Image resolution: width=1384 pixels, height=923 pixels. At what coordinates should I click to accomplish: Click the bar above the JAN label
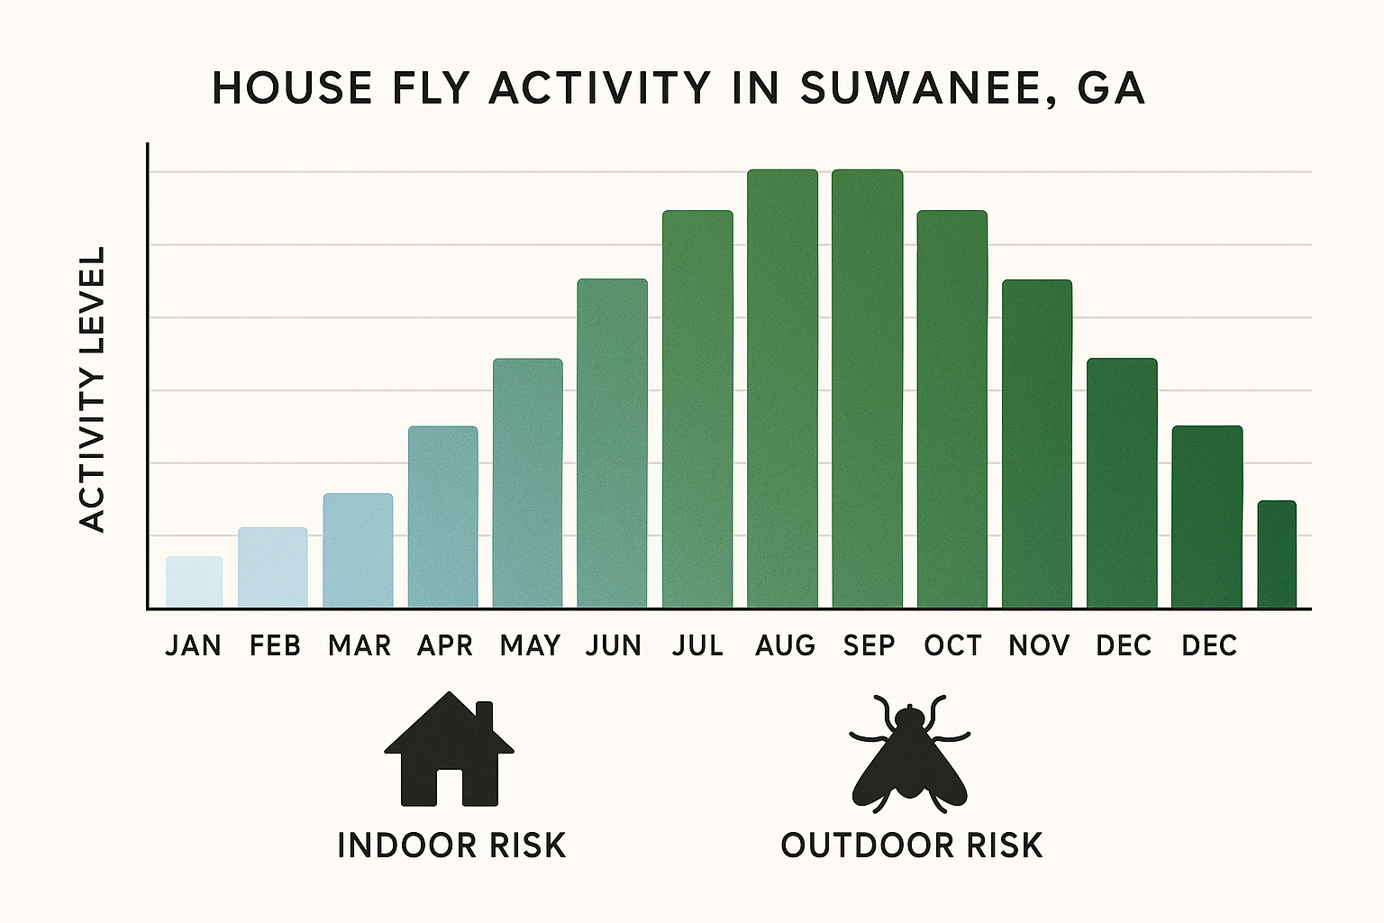[194, 581]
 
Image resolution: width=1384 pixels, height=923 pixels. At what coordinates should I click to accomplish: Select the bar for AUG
[782, 388]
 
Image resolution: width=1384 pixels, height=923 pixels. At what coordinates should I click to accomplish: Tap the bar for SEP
[867, 388]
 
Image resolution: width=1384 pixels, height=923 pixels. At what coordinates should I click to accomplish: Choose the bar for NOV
[1036, 443]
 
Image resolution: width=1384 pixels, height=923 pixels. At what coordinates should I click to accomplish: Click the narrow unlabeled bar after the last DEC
[1277, 554]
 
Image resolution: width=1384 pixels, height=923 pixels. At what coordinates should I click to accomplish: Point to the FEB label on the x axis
[275, 645]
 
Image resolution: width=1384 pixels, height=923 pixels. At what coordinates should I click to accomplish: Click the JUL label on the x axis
[697, 645]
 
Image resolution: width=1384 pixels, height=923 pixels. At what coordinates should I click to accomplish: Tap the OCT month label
[952, 645]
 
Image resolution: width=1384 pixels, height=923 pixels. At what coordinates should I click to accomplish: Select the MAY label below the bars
[530, 645]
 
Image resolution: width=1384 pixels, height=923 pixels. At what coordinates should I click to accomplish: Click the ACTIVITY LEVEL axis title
[92, 388]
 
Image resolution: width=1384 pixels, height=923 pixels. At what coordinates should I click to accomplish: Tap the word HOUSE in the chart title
[293, 88]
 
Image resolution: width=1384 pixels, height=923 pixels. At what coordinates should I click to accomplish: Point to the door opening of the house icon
[450, 787]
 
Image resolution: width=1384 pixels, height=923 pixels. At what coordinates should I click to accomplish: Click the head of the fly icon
[909, 718]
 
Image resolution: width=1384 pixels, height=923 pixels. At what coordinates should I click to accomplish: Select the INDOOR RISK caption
[451, 845]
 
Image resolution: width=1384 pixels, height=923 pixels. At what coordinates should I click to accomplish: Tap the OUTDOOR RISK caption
[911, 845]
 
